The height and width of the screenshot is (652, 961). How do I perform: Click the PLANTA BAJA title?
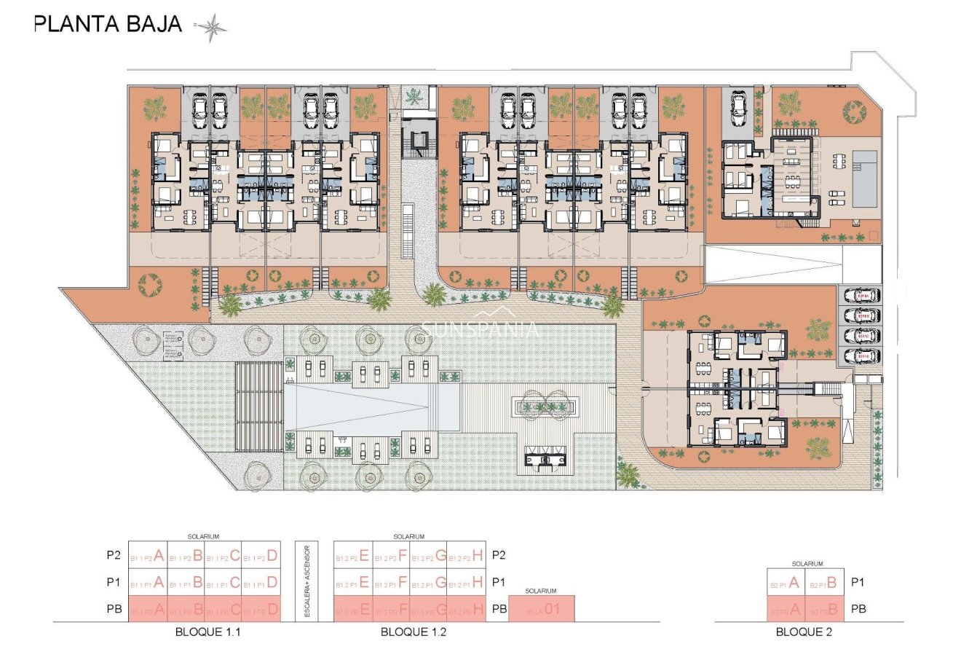tap(108, 24)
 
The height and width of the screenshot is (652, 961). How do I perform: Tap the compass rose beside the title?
tap(212, 28)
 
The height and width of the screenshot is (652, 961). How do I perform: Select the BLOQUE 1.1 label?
tap(207, 632)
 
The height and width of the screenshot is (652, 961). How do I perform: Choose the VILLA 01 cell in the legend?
tap(542, 609)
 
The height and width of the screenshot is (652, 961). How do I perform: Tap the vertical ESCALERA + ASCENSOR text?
tap(307, 581)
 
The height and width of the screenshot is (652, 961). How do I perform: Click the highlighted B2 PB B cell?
tap(824, 609)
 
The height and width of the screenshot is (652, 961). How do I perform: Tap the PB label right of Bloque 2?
tap(859, 609)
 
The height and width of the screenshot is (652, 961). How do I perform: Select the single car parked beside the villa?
tap(738, 108)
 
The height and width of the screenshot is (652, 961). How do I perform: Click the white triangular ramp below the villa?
tap(772, 264)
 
